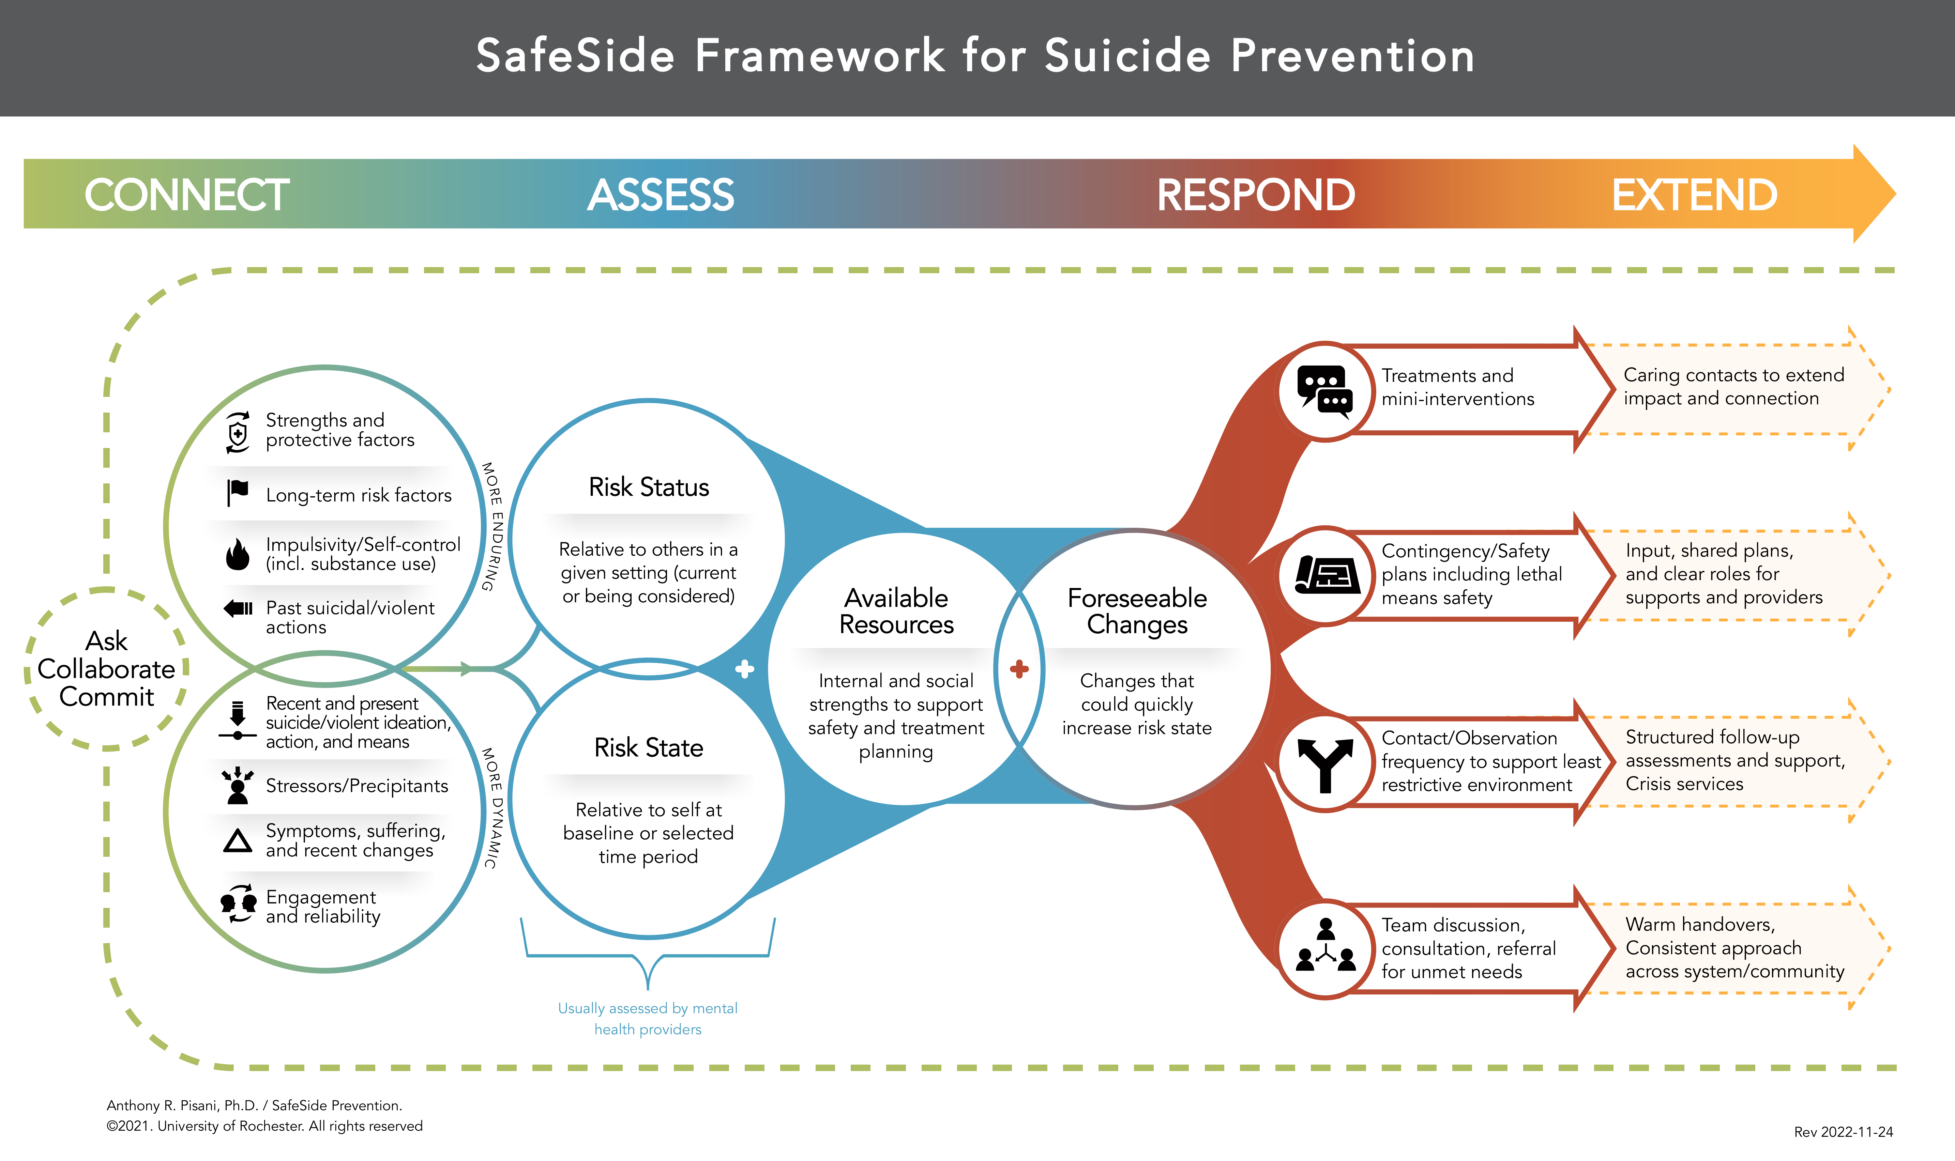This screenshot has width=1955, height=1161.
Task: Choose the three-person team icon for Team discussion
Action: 1325,948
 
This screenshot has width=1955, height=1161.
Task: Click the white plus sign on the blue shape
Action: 744,669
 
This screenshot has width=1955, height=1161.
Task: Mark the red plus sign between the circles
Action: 1019,669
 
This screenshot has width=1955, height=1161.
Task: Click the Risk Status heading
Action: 649,487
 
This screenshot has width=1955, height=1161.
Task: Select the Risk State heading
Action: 649,748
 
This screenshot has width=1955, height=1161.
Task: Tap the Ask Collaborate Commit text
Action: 106,669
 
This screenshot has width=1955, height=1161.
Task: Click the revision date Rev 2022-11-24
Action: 1843,1132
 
